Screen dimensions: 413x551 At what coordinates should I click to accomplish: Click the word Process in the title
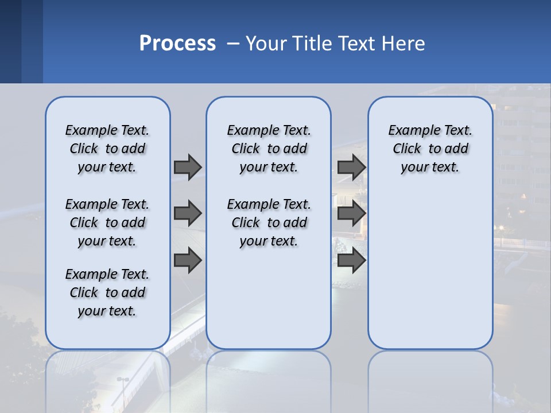click(x=177, y=44)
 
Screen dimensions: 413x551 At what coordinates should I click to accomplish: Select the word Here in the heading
click(x=402, y=44)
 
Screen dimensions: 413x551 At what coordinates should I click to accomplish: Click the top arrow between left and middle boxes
click(x=188, y=167)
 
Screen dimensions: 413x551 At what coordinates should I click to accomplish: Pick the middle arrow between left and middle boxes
click(x=188, y=214)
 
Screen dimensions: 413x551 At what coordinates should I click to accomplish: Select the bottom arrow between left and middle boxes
click(x=188, y=261)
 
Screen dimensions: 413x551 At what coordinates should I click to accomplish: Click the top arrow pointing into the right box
click(x=351, y=167)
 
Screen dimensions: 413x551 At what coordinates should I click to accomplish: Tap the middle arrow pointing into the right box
click(x=351, y=214)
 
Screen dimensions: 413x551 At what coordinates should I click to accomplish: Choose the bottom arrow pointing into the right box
click(x=351, y=261)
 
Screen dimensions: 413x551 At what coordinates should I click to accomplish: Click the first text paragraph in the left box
click(x=107, y=149)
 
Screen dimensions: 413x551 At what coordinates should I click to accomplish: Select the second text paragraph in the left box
click(x=107, y=223)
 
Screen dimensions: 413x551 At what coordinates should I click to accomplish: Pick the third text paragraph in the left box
click(x=107, y=293)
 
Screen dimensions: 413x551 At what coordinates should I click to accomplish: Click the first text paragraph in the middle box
click(x=269, y=149)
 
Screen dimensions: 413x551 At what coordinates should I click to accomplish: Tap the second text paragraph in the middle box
click(x=269, y=223)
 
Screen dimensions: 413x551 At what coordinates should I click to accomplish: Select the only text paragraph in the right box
click(x=430, y=149)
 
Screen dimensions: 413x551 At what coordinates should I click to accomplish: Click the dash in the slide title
click(x=233, y=44)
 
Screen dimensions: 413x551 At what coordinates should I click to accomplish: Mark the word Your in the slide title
click(x=266, y=44)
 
